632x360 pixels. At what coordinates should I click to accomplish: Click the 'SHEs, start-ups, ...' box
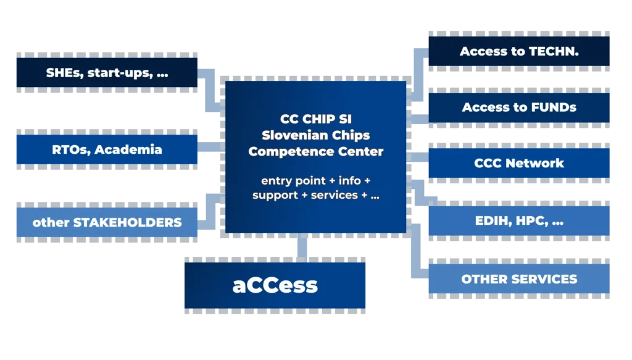coord(108,73)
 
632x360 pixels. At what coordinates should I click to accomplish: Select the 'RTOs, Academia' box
coord(108,149)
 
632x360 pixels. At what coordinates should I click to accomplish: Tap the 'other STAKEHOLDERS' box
coord(108,222)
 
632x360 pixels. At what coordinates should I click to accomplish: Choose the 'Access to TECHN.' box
coord(518,52)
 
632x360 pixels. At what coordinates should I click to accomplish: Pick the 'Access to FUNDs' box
coord(518,107)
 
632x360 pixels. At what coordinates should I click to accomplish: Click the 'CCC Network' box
coord(518,164)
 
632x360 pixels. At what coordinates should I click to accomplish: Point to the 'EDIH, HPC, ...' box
coord(518,220)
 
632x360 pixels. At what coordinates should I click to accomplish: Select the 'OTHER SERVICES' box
coord(518,279)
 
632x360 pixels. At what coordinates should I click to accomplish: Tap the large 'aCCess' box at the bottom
coord(275,285)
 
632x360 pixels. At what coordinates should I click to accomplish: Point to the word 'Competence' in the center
coord(285,151)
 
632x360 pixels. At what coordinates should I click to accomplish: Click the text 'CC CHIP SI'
coord(315,119)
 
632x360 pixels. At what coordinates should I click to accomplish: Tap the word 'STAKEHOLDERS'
coord(128,222)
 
